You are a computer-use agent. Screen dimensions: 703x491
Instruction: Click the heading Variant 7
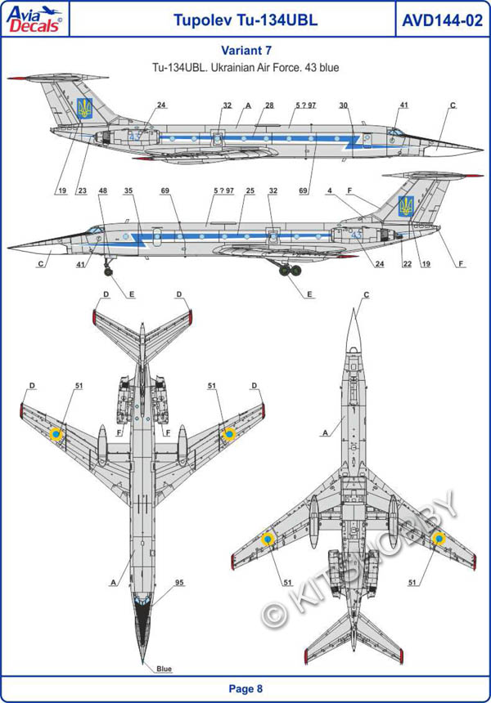point(245,51)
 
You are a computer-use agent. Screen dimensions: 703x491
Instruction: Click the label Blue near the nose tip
point(164,669)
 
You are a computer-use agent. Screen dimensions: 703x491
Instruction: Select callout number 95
point(178,583)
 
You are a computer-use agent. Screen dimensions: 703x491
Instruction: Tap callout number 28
point(268,105)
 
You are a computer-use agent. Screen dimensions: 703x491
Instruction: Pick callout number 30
point(344,105)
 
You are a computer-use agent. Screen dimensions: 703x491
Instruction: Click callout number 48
point(102,190)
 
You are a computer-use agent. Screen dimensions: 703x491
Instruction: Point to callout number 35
point(128,190)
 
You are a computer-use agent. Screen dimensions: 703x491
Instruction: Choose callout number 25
point(250,190)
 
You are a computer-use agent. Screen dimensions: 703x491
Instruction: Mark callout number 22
point(406,263)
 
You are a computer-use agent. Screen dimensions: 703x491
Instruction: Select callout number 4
point(329,190)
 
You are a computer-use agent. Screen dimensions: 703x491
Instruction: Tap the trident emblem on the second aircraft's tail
point(406,206)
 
